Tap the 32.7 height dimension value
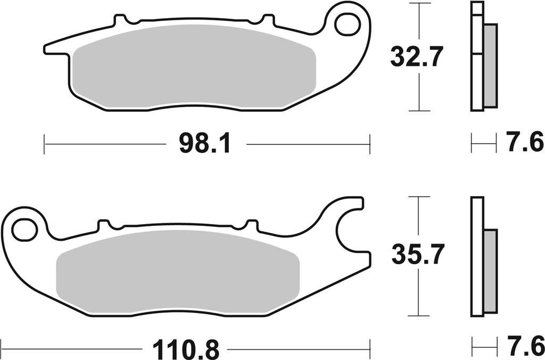416,56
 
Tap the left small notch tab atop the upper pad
122,21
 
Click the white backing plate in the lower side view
476,256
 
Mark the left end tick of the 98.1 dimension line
45,144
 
